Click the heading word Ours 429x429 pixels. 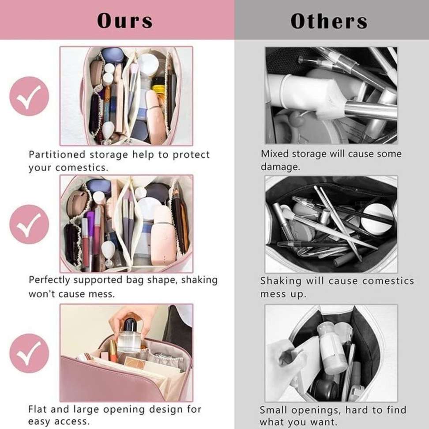click(124, 21)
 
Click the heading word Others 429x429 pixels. click(329, 21)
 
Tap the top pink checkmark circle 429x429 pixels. click(29, 96)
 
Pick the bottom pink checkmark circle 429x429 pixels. click(29, 353)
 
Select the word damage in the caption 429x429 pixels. click(280, 167)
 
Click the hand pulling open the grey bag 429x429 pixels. click(285, 357)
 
